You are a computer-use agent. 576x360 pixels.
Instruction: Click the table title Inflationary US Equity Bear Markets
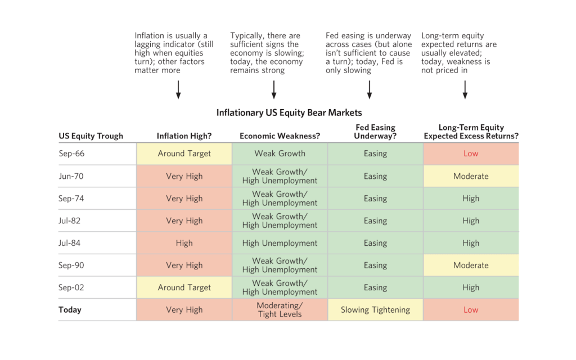pos(289,113)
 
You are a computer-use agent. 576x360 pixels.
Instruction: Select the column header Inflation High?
pos(184,136)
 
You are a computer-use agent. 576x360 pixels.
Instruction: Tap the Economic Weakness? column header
pos(279,136)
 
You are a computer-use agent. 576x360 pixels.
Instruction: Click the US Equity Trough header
pos(91,136)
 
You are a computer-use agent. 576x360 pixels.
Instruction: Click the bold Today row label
pos(70,310)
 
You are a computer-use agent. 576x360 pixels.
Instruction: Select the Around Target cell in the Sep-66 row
pos(184,154)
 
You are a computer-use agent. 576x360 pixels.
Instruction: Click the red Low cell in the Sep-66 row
pos(471,154)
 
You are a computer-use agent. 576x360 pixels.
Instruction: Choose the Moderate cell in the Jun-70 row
pos(471,176)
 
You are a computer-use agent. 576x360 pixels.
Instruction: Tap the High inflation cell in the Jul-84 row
pos(184,243)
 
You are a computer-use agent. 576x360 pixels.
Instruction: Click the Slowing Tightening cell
pos(375,310)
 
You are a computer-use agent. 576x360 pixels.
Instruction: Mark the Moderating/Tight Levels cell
pos(280,310)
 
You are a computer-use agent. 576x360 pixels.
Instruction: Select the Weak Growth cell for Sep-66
pos(280,154)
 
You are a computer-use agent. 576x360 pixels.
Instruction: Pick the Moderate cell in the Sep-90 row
pos(471,265)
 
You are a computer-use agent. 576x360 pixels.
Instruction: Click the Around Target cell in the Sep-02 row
pos(184,287)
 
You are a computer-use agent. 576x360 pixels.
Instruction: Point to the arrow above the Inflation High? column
pos(178,89)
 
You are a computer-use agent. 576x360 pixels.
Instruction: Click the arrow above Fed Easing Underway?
pos(370,89)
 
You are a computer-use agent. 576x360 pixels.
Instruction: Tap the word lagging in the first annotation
pos(148,44)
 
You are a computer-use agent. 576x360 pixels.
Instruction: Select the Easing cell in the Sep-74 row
pos(375,199)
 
